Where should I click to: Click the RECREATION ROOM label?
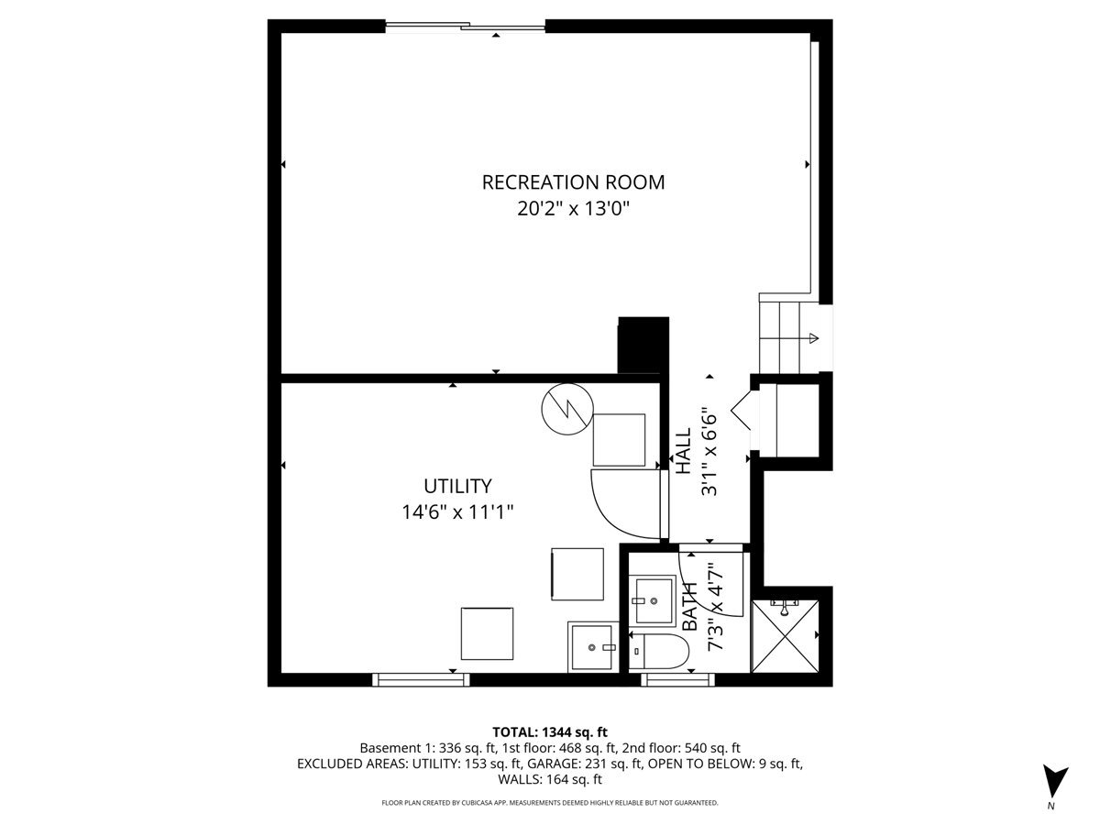(x=573, y=181)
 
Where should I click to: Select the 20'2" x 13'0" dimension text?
(x=573, y=209)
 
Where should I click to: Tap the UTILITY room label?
(x=456, y=486)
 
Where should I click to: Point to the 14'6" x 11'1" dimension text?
(x=456, y=511)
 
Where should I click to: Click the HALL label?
(x=683, y=451)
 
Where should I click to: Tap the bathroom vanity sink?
(x=654, y=600)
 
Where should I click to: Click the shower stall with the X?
(x=786, y=635)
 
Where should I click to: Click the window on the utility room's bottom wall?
(x=421, y=679)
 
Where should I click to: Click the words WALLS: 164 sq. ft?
(x=550, y=780)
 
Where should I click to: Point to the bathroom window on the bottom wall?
(x=678, y=679)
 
